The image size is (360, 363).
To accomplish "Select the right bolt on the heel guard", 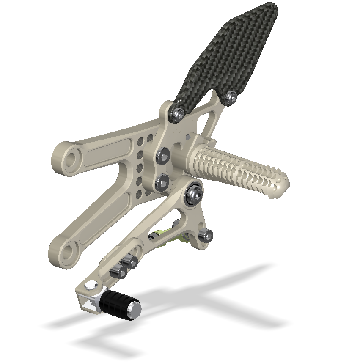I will [x=230, y=97].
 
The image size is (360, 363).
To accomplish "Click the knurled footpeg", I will [x=241, y=169].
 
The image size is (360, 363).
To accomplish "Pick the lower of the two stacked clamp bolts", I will [x=162, y=182].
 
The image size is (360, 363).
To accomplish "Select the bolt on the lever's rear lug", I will [x=207, y=236].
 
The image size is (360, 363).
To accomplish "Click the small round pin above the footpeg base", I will [x=188, y=137].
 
